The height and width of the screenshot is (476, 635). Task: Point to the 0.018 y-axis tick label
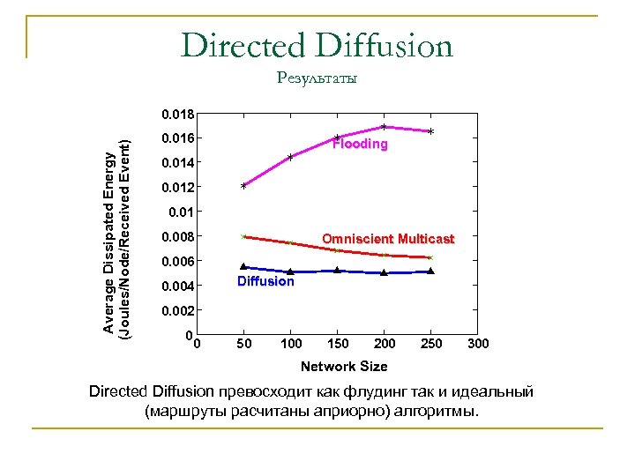pos(177,114)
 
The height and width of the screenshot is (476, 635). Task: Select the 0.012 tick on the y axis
pos(177,188)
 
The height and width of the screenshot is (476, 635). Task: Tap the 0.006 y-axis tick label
pos(177,262)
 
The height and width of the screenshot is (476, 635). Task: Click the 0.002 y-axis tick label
pos(177,311)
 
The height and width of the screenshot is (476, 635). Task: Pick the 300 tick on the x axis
pos(478,343)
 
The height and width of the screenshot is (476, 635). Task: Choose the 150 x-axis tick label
pos(338,343)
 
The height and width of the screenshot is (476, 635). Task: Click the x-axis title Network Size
pos(343,366)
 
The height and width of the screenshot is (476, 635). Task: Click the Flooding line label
pos(360,145)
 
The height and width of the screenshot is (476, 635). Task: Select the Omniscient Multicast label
pos(388,239)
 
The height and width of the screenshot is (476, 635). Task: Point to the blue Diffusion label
pos(265,281)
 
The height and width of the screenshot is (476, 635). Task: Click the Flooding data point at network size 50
pos(243,186)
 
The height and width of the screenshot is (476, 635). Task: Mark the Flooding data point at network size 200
pos(384,127)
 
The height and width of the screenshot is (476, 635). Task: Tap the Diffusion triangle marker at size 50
pos(243,265)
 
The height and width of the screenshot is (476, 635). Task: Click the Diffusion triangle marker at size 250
pos(430,271)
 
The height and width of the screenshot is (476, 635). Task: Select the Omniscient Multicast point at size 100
pos(290,242)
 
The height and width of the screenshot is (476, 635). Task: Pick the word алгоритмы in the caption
pos(440,410)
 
